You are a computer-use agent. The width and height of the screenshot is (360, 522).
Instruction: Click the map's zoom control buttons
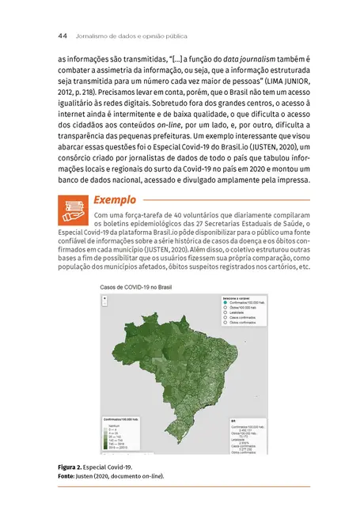(105, 301)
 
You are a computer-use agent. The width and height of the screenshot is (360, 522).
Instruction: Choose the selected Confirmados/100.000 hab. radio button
(225, 302)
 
